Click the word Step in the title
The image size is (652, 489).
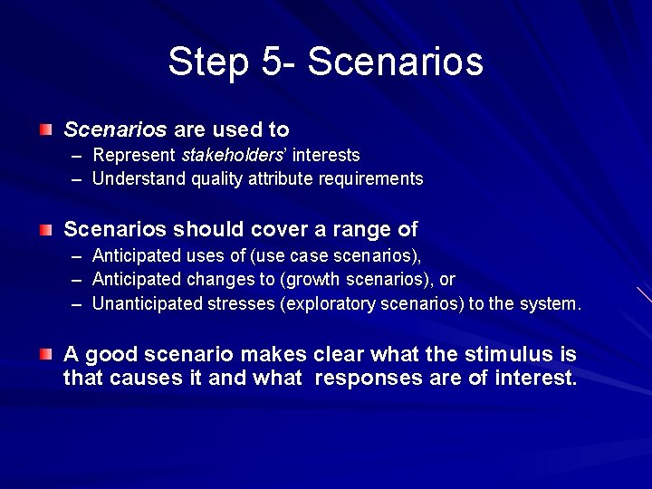point(207,62)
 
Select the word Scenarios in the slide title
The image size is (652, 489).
point(396,62)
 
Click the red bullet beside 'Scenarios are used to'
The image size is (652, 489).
point(45,130)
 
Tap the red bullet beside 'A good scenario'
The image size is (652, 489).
point(45,354)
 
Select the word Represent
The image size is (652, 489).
point(134,156)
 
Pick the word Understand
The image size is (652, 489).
point(139,179)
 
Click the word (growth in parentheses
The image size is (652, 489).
point(311,280)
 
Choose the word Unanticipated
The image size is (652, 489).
point(148,304)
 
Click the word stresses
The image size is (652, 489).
point(236,304)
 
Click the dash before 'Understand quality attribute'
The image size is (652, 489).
point(78,179)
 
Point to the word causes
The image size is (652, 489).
point(146,378)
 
